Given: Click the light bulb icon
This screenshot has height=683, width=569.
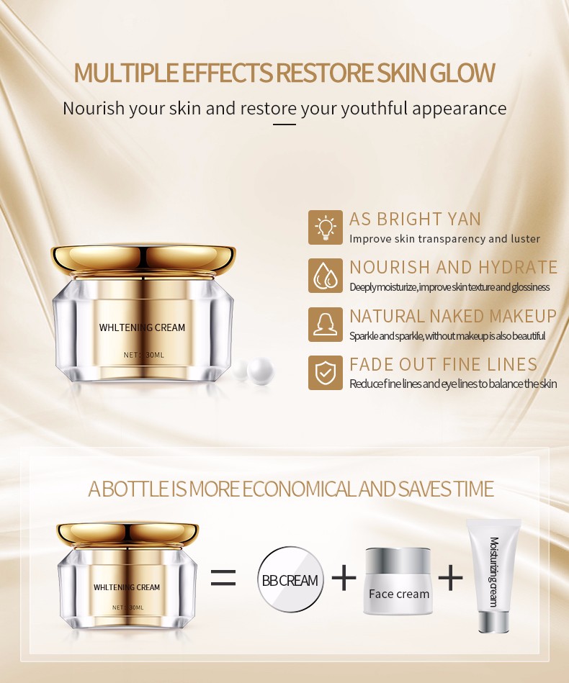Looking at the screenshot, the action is [x=326, y=227].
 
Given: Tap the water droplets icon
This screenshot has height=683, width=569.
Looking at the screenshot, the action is [x=326, y=276].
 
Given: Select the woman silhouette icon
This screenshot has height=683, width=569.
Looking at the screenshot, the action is [x=326, y=325].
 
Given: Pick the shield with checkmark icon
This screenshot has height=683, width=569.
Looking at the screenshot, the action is [x=326, y=372].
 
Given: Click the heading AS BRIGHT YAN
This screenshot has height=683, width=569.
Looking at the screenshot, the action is [x=415, y=219].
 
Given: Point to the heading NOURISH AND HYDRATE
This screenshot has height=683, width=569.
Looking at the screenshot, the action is [x=454, y=267].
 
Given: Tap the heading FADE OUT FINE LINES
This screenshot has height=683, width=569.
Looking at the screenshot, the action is [x=444, y=364].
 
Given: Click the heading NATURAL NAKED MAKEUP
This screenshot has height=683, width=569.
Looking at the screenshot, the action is [x=453, y=316].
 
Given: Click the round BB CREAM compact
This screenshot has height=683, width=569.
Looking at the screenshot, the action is [x=290, y=579].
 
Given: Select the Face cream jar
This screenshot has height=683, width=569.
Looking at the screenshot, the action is [x=398, y=581].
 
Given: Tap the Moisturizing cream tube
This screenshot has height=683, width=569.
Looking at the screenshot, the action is [x=493, y=575].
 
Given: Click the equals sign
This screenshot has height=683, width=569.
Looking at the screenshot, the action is [x=223, y=578].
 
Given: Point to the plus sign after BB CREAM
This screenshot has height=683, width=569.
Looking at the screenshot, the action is [x=344, y=578].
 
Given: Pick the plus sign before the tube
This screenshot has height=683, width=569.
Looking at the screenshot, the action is [x=450, y=578].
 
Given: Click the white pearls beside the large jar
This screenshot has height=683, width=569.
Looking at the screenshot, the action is [x=254, y=370].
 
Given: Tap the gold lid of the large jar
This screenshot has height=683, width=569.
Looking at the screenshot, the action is [x=143, y=259].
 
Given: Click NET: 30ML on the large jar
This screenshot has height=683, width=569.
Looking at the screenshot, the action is [x=144, y=355].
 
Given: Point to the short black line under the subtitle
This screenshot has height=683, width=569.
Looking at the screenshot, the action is [x=284, y=125].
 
